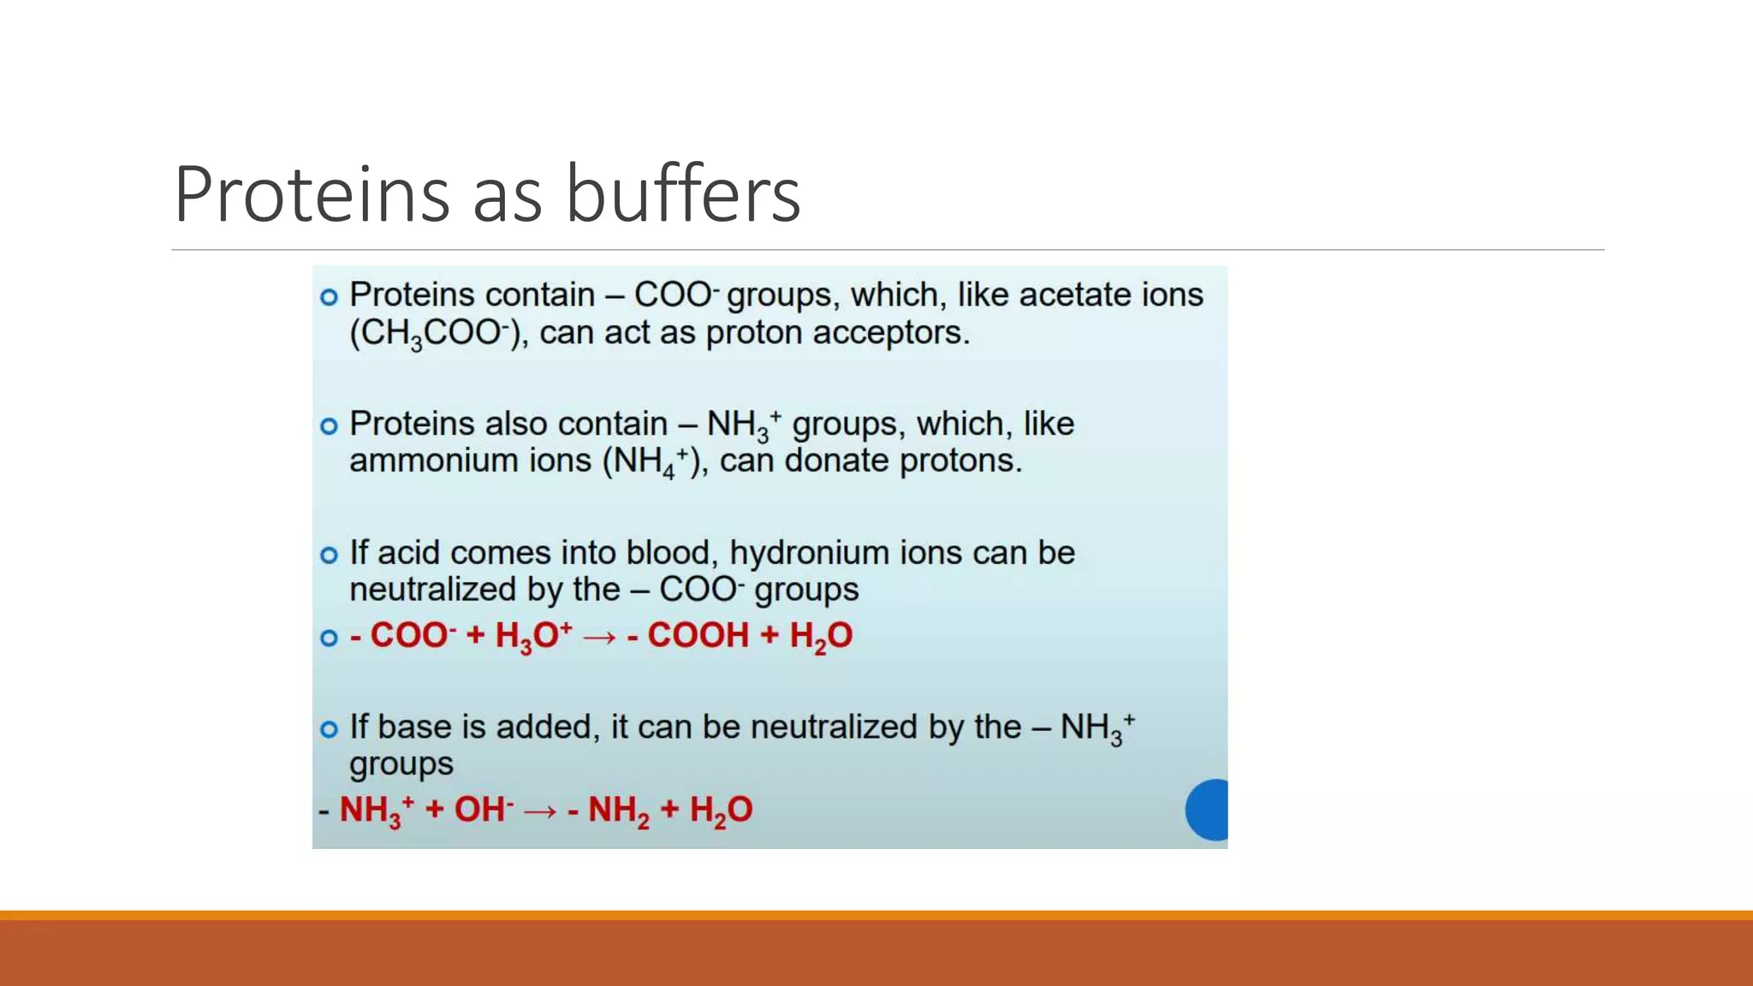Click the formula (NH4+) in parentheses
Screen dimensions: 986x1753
coord(651,462)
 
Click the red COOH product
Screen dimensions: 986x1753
coord(698,636)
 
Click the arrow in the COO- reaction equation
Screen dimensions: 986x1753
coord(599,638)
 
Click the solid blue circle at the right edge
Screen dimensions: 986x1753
coord(1209,810)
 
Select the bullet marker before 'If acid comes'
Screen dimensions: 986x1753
coord(329,555)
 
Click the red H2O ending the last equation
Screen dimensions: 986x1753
coord(721,811)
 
